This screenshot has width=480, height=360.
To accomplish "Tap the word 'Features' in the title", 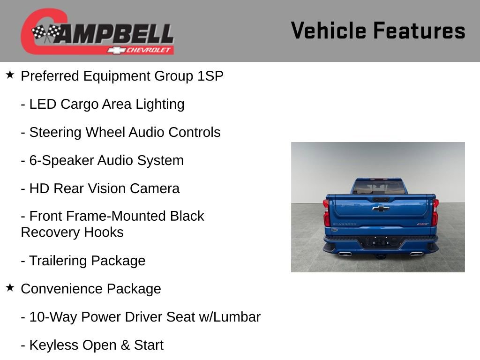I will pos(419,31).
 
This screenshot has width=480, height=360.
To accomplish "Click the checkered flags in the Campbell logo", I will pos(46,33).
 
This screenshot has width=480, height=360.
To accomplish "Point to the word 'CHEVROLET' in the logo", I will pos(149,50).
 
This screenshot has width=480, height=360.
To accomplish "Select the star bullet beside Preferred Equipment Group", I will pos(10,75).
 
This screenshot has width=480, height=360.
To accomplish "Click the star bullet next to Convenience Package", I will pos(10,288).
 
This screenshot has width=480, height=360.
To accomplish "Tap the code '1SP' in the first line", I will pos(210,76).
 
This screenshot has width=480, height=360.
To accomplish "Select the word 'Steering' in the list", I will pos(55,132).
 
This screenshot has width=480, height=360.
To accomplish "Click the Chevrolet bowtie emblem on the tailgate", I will pos(381,208).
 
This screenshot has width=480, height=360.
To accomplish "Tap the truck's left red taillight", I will pos(326,212).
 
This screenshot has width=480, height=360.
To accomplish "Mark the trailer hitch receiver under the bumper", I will pos(380,256).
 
